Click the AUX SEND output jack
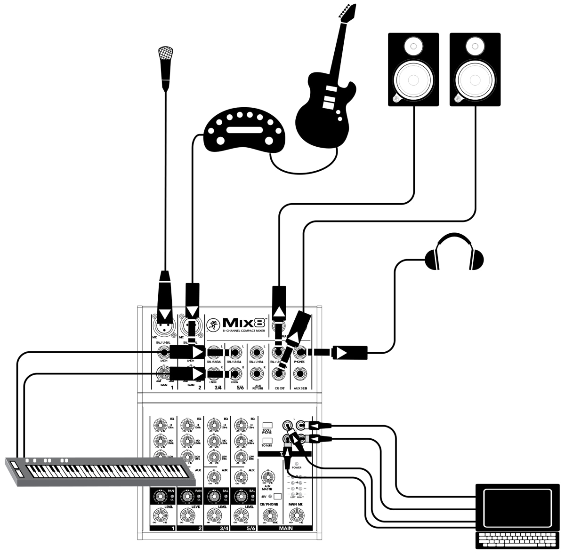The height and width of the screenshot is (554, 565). [x=299, y=374]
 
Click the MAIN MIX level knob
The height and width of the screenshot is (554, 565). [x=295, y=516]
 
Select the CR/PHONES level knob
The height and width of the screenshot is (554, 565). [x=269, y=516]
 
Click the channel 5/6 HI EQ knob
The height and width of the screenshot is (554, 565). [x=241, y=426]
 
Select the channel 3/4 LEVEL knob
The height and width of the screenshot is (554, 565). [x=215, y=516]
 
